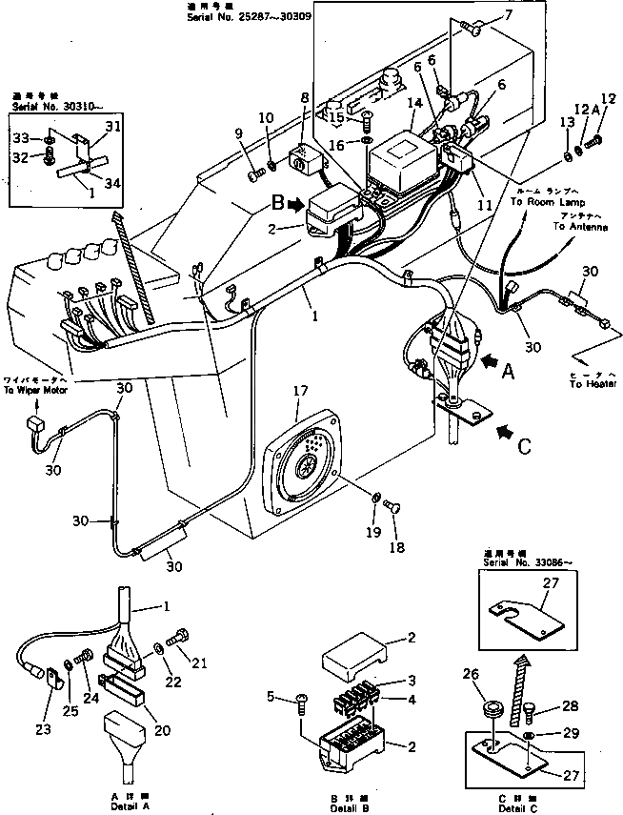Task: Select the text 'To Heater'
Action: coord(592,384)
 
